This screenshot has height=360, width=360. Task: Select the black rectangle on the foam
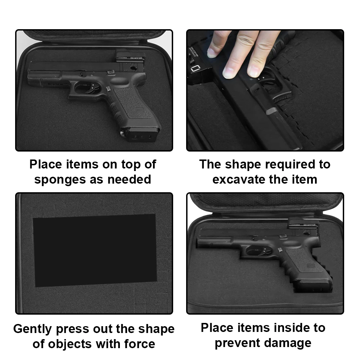[x=94, y=250]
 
